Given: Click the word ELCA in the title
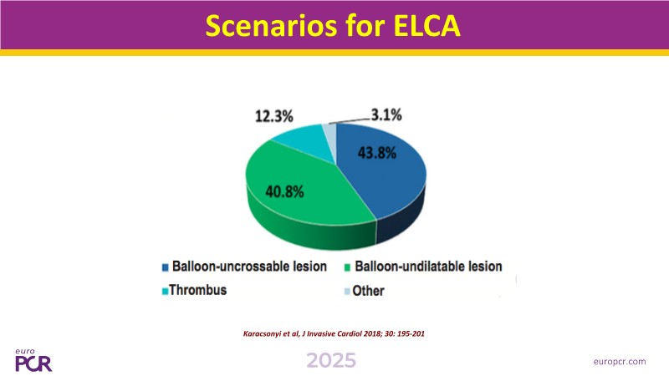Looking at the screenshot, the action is click(426, 26).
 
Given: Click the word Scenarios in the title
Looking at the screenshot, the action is click(271, 26).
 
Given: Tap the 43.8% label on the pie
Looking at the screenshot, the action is click(377, 153).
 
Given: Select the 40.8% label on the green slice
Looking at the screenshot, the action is click(284, 192).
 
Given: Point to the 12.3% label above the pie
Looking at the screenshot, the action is click(274, 116).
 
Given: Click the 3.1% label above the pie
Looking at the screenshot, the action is click(386, 114).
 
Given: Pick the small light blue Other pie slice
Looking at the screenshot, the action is click(329, 132).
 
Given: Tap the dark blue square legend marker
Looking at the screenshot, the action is click(165, 267).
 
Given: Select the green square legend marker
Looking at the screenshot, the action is click(347, 267).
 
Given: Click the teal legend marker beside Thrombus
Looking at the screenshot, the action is click(165, 292).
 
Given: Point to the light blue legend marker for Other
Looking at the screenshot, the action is click(347, 292).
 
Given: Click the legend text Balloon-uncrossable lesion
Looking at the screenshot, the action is click(249, 267).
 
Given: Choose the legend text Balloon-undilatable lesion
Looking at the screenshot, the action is click(428, 267).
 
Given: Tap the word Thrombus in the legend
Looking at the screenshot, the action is click(198, 290).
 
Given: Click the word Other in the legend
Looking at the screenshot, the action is click(368, 291).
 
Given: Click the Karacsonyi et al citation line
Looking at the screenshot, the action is click(334, 333).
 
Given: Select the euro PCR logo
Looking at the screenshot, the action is click(33, 360).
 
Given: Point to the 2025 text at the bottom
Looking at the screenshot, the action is click(331, 361).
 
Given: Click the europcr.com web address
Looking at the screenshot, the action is click(620, 362).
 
